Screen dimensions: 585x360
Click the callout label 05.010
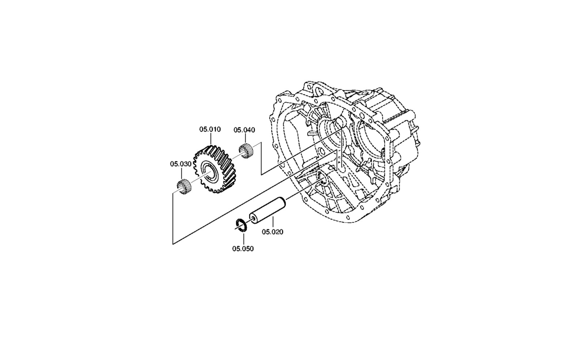pos(210,129)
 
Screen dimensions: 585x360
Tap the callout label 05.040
pos(244,130)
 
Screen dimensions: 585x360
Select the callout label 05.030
pos(181,164)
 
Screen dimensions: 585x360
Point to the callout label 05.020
pos(273,232)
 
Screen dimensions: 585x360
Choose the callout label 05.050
pos(243,249)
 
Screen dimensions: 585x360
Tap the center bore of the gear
pos(211,172)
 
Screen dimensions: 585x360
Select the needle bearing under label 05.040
pos(245,151)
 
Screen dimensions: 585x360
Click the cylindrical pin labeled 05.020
pos(267,210)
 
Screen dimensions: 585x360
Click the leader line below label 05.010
pos(211,139)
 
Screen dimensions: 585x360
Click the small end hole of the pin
pos(253,217)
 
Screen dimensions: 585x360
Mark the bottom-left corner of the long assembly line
pos(173,244)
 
